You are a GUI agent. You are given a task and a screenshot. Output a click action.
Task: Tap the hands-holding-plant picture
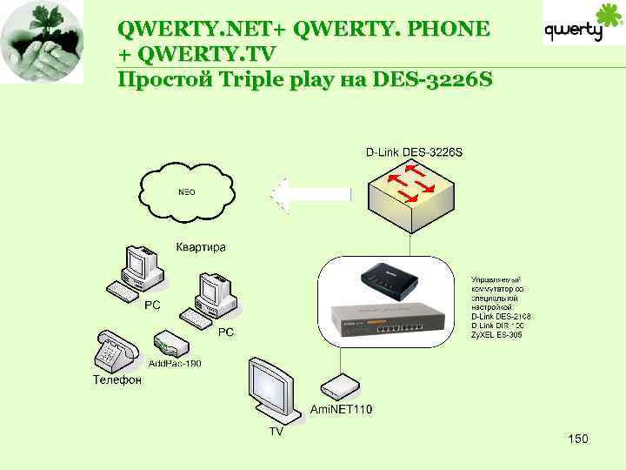pyautogui.click(x=42, y=42)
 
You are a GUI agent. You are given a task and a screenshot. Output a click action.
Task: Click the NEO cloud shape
pyautogui.click(x=187, y=191)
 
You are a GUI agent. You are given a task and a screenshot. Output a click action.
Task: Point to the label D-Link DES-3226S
pyautogui.click(x=414, y=152)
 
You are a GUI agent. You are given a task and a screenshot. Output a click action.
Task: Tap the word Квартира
pyautogui.click(x=201, y=247)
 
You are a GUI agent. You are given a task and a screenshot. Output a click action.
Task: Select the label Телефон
pyautogui.click(x=117, y=379)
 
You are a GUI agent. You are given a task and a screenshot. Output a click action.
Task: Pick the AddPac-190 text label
pyautogui.click(x=175, y=363)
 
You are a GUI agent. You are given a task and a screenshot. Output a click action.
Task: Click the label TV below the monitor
pyautogui.click(x=275, y=431)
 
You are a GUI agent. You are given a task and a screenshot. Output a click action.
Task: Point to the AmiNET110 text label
pyautogui.click(x=342, y=409)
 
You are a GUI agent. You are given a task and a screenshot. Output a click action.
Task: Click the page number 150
pyautogui.click(x=577, y=439)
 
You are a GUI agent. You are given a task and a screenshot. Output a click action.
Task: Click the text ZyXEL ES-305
pyautogui.click(x=496, y=335)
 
